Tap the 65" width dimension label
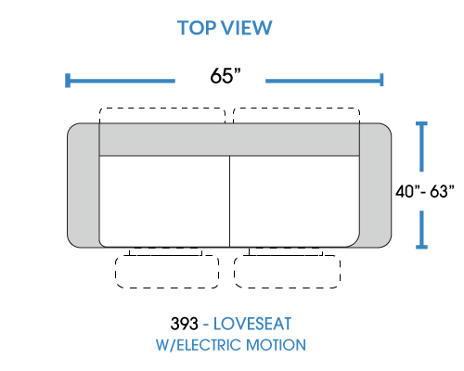coord(226,76)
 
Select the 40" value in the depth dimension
coord(407,191)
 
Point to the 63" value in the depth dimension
coord(442,191)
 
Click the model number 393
coord(184,324)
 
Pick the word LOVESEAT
coord(252,324)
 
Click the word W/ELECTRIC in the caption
coord(199,345)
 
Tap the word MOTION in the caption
coord(276,345)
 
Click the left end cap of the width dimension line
coord(68,81)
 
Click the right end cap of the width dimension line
coord(381,80)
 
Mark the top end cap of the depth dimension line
coord(421,123)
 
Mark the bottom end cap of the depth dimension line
coord(421,247)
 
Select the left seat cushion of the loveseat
coord(164,201)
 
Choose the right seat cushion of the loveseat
coord(295,201)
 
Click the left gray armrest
coord(83,185)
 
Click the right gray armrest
coord(376,185)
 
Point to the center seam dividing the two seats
coord(230,201)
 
